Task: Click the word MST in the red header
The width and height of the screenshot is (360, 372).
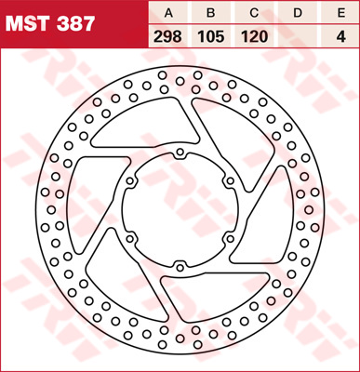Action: (28, 24)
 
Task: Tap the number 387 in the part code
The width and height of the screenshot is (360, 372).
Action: (75, 24)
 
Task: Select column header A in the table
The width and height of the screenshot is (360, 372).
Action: (168, 13)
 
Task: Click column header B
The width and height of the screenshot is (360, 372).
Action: (211, 13)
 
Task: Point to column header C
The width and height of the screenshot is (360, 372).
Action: (254, 13)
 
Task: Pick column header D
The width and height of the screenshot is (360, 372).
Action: (298, 13)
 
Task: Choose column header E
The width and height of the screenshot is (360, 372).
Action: (341, 13)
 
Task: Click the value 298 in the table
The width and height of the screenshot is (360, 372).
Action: (168, 37)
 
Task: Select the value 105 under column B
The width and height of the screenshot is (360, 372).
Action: (211, 37)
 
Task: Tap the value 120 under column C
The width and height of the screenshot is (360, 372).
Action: (254, 37)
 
